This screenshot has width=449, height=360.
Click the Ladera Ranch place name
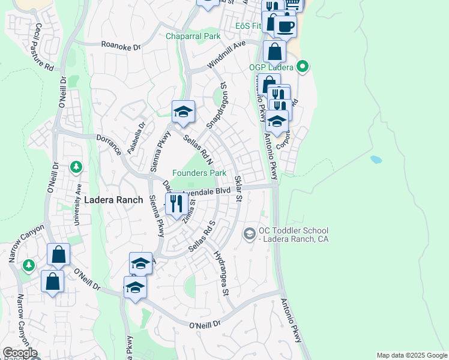(x=113, y=200)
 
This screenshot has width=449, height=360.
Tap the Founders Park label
(x=199, y=173)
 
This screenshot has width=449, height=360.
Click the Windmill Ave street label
(x=227, y=55)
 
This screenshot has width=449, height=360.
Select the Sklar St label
(x=238, y=188)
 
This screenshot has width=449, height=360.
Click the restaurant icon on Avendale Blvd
(x=175, y=202)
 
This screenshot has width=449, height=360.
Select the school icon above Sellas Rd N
(x=183, y=112)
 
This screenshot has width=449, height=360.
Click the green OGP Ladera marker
(x=303, y=66)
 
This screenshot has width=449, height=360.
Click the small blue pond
(x=376, y=160)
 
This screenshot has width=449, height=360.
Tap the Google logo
(x=19, y=353)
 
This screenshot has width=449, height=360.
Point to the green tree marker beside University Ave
(x=76, y=166)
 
